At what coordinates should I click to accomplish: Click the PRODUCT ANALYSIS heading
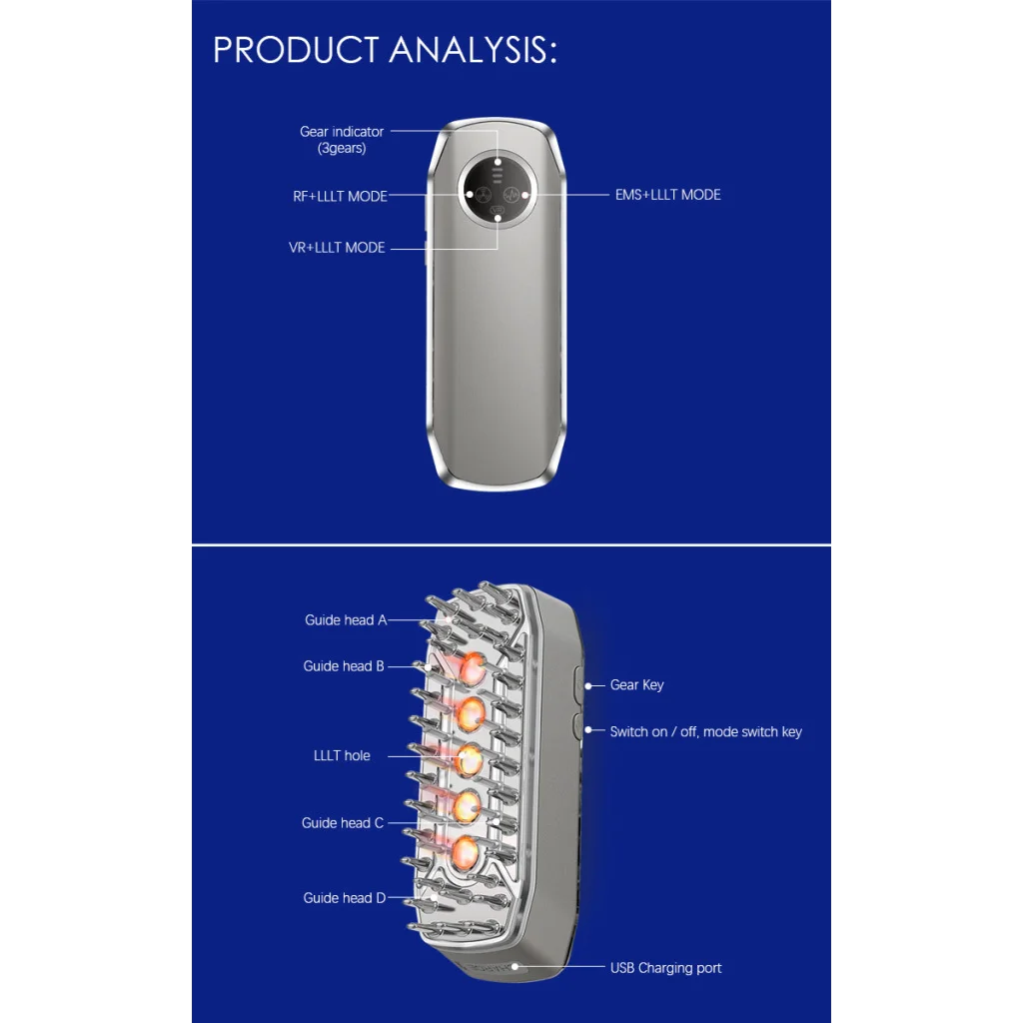click(x=385, y=50)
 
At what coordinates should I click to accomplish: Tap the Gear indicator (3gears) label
click(x=342, y=140)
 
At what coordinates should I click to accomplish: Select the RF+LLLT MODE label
click(x=340, y=197)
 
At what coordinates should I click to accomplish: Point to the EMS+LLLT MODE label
click(x=667, y=195)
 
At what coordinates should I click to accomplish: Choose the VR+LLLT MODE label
click(x=337, y=248)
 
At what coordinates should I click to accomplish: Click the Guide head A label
click(x=346, y=619)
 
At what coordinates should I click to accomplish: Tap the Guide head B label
click(x=344, y=666)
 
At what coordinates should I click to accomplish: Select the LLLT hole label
click(x=342, y=755)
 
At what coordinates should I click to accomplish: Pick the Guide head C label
click(x=343, y=823)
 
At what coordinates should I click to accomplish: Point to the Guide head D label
click(x=345, y=898)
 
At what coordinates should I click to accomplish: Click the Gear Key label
click(x=636, y=685)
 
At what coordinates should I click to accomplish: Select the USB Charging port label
click(x=665, y=968)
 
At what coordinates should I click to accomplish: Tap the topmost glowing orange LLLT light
click(x=472, y=668)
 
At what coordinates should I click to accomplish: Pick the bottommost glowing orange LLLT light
click(x=465, y=852)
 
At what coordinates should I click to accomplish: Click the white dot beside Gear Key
click(x=588, y=685)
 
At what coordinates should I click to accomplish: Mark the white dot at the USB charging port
click(x=514, y=967)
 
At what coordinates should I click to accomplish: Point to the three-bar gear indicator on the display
click(x=498, y=175)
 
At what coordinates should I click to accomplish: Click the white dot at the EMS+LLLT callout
click(x=525, y=195)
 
